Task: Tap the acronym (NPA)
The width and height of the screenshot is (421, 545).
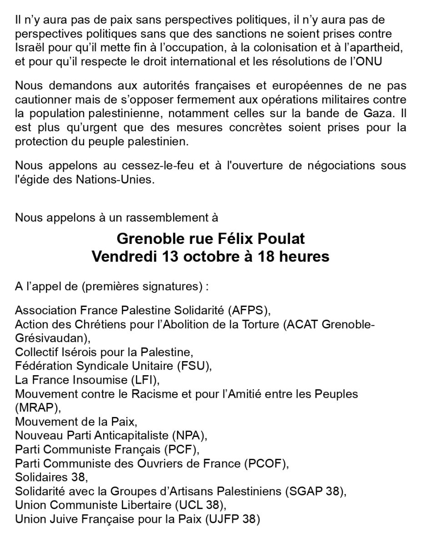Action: point(189,436)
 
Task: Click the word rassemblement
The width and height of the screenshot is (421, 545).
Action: point(167,218)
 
